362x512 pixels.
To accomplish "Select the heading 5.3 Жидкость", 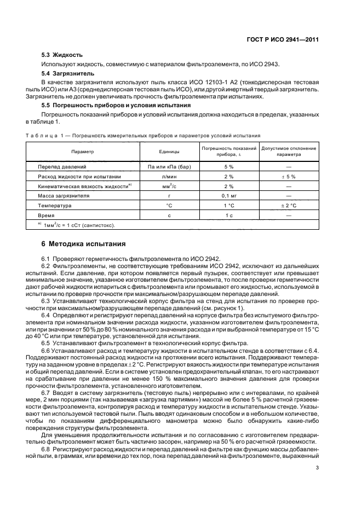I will (62, 55).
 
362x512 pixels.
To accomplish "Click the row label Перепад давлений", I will (61, 166).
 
